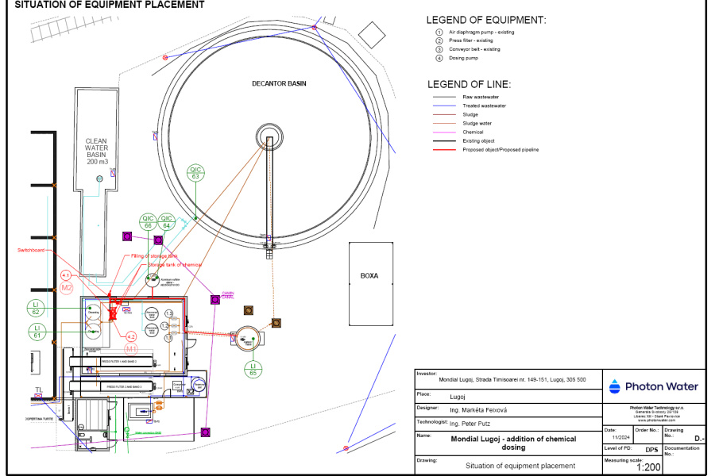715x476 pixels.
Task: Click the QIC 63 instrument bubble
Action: point(195,172)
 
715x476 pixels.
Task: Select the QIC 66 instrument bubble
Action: point(148,221)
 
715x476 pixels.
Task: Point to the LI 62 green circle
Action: point(36,308)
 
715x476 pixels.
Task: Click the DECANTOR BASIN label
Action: point(279,83)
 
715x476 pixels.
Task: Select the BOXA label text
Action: point(370,276)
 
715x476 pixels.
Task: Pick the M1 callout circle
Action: point(132,348)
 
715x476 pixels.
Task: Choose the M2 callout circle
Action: point(67,287)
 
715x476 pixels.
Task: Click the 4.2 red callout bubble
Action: point(131,336)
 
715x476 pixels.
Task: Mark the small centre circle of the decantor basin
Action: point(269,135)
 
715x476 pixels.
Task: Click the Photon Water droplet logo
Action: point(616,386)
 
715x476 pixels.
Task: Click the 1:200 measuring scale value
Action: point(648,467)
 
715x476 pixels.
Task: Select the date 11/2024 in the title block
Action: point(620,437)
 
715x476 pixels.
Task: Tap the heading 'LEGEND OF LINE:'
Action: point(469,84)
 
